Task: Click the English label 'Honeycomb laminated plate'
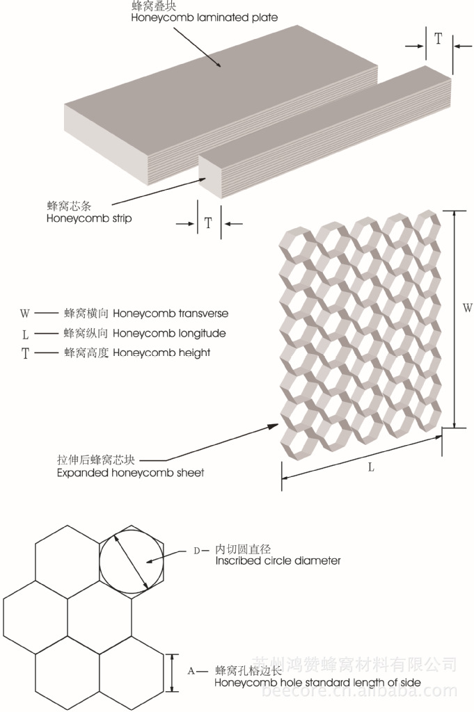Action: tap(204, 17)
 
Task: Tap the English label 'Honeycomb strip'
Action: tap(89, 218)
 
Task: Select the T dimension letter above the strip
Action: tap(438, 39)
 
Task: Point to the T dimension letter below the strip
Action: tap(208, 223)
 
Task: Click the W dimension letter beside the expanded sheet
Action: tap(468, 307)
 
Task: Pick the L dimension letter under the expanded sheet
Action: tap(371, 467)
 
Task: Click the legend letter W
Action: tap(25, 314)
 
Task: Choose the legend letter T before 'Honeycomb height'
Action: tap(25, 354)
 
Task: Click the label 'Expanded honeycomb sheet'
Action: tap(130, 473)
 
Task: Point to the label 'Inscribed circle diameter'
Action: tap(278, 560)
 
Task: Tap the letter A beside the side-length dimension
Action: tap(191, 672)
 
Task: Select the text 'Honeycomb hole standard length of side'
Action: tap(317, 683)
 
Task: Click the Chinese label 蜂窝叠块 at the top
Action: tap(150, 6)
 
